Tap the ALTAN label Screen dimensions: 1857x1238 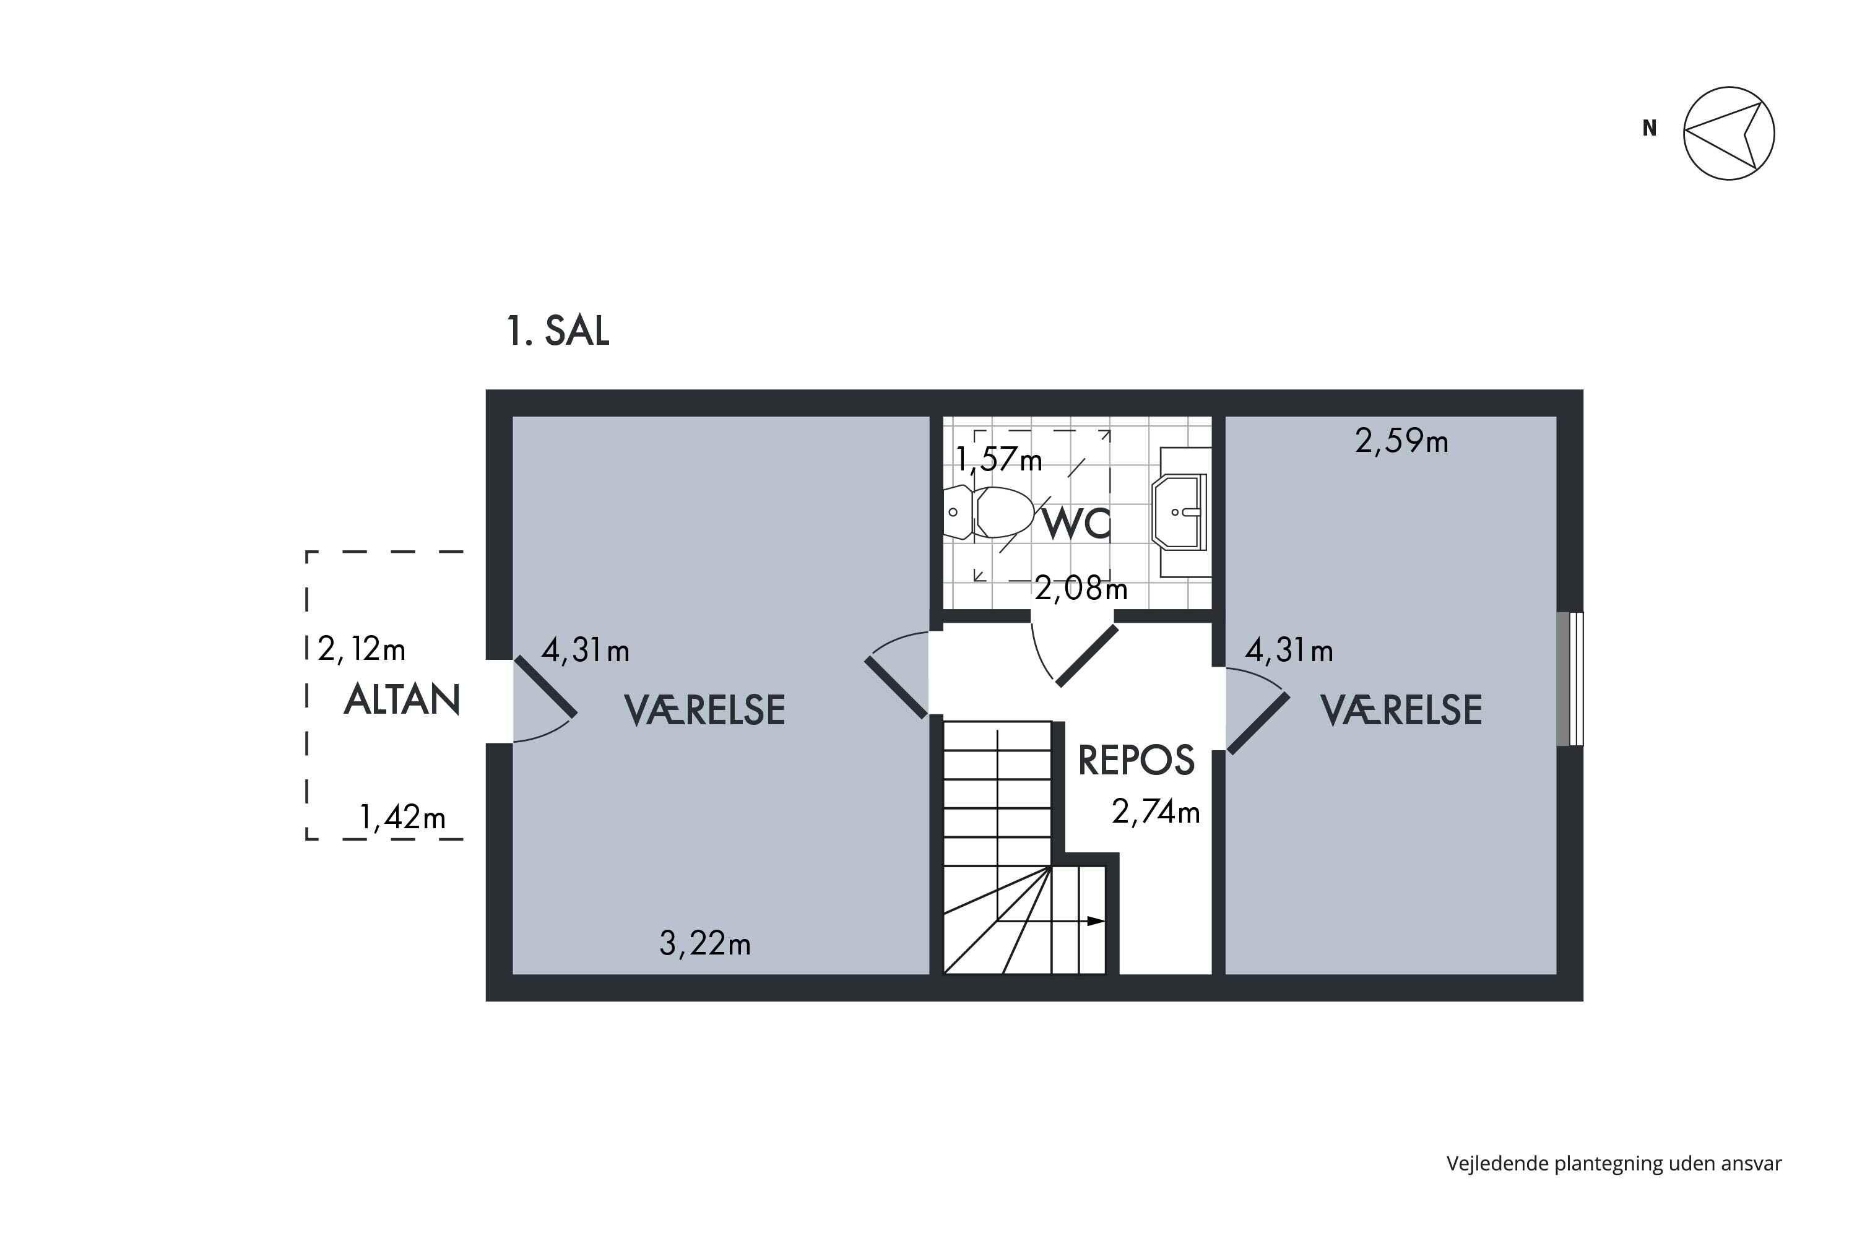pos(402,699)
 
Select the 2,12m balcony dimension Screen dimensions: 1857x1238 pos(361,649)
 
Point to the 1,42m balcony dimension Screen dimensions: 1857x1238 pos(403,817)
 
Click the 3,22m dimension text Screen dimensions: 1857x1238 pos(704,943)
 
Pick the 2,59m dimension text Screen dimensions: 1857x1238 pos(1401,441)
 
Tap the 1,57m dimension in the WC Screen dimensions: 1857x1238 pos(999,459)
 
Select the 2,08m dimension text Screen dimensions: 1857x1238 pos(1081,588)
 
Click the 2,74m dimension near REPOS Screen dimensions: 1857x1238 pos(1156,812)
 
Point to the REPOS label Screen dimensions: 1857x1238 pos(1136,760)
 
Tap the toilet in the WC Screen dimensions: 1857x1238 pos(989,513)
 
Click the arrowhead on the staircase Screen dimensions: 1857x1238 pos(1095,920)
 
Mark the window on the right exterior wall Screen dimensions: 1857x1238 pos(1570,679)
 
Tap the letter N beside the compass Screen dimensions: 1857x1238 pos(1650,128)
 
